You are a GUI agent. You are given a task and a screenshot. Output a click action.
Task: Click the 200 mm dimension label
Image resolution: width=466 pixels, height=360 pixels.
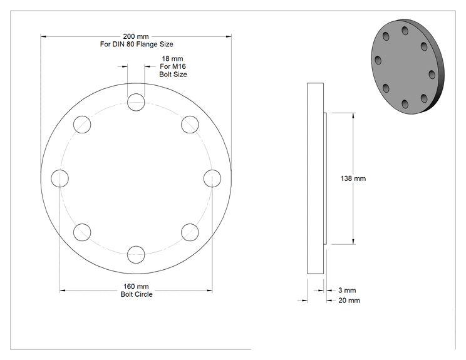click(x=136, y=36)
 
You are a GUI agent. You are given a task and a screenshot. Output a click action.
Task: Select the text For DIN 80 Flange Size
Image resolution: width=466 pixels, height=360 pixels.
click(x=137, y=44)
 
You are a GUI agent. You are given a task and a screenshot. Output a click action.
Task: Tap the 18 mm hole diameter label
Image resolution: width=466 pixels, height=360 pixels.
click(x=172, y=58)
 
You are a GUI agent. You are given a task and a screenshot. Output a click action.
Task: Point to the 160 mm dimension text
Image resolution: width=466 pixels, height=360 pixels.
click(x=136, y=286)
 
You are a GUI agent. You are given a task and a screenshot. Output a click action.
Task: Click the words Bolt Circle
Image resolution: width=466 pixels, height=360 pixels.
click(x=137, y=294)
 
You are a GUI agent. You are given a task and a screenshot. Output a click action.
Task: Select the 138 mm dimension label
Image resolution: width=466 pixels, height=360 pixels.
click(x=353, y=178)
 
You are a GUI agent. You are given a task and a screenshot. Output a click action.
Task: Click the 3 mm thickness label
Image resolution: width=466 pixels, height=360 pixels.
click(x=347, y=291)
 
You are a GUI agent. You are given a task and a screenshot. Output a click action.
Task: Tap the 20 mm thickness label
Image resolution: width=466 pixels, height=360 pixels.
click(x=349, y=301)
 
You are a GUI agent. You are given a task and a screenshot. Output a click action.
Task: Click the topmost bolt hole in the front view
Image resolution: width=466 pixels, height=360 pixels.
click(x=136, y=102)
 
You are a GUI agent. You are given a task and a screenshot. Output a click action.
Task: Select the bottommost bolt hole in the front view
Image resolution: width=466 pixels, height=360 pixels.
click(x=136, y=255)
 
